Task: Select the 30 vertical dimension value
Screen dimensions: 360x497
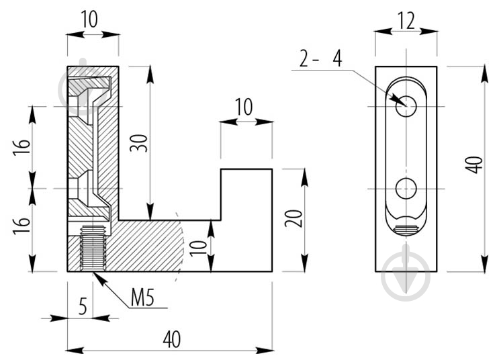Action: pyautogui.click(x=140, y=143)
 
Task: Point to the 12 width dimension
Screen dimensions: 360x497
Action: pyautogui.click(x=406, y=21)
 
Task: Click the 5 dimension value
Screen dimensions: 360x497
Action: pyautogui.click(x=83, y=307)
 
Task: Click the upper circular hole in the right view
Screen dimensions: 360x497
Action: pyautogui.click(x=406, y=106)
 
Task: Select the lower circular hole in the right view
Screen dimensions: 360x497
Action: pyautogui.click(x=406, y=189)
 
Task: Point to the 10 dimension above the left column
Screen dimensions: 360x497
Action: pyautogui.click(x=89, y=19)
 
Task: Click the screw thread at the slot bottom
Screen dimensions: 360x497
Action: pyautogui.click(x=406, y=230)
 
